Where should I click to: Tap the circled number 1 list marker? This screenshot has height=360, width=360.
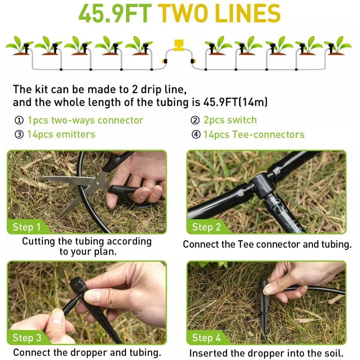[x=18, y=121]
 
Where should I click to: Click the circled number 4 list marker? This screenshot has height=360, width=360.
[x=196, y=135]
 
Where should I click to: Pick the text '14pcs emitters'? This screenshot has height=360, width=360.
[x=61, y=134]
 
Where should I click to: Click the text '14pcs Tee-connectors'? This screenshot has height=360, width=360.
[x=254, y=135]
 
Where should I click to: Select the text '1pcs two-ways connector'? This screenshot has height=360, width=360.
[x=85, y=120]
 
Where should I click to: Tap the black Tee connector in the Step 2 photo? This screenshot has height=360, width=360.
[x=263, y=184]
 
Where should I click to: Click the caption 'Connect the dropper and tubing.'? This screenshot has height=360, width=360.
[x=87, y=352]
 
